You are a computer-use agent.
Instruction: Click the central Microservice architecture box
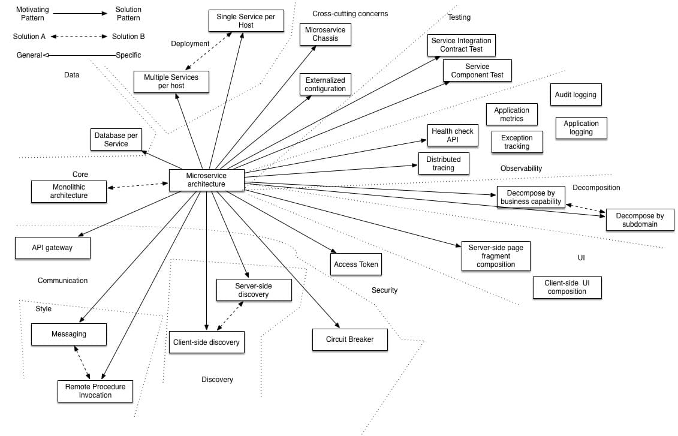pyautogui.click(x=206, y=180)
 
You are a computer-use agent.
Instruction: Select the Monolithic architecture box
pyautogui.click(x=69, y=191)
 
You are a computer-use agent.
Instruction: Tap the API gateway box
pyautogui.click(x=52, y=248)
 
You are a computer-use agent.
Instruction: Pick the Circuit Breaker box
pyautogui.click(x=349, y=339)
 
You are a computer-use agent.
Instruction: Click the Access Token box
pyautogui.click(x=356, y=264)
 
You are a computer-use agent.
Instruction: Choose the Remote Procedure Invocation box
pyautogui.click(x=95, y=391)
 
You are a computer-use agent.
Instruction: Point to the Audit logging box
pyautogui.click(x=575, y=95)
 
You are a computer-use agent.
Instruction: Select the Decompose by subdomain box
pyautogui.click(x=640, y=220)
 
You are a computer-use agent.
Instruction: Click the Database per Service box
pyautogui.click(x=116, y=140)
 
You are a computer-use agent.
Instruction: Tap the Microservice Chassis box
pyautogui.click(x=326, y=34)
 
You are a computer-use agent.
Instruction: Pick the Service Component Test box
pyautogui.click(x=477, y=71)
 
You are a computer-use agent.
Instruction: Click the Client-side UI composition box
pyautogui.click(x=566, y=287)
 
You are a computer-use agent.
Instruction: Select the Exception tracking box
pyautogui.click(x=517, y=142)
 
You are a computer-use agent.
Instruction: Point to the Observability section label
pyautogui.click(x=521, y=169)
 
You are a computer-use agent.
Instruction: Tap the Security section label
pyautogui.click(x=384, y=290)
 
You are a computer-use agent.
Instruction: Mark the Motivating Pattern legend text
pyautogui.click(x=33, y=14)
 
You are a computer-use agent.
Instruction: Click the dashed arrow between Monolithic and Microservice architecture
pyautogui.click(x=138, y=185)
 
